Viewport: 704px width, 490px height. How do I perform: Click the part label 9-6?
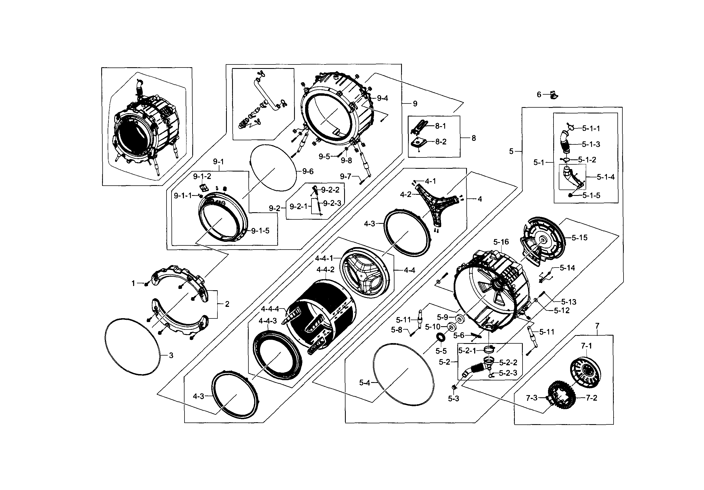308,172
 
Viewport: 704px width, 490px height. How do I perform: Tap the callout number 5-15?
579,238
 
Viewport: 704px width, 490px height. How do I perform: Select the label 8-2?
441,142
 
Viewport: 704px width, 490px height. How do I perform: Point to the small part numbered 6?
553,95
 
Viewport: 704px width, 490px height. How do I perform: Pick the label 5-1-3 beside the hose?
591,144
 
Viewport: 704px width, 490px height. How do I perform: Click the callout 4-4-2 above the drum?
325,269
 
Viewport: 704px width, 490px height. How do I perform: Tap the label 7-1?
586,346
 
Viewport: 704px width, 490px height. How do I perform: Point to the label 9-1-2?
202,176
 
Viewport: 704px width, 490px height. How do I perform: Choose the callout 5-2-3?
508,373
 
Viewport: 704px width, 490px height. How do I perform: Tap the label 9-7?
345,176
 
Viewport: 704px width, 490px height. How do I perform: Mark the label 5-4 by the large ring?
365,383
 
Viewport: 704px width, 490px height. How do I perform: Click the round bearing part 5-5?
441,338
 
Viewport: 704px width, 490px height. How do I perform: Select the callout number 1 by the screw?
133,284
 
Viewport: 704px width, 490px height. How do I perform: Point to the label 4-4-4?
270,309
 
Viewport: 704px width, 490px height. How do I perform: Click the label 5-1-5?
591,195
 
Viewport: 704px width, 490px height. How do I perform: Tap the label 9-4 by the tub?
382,98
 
